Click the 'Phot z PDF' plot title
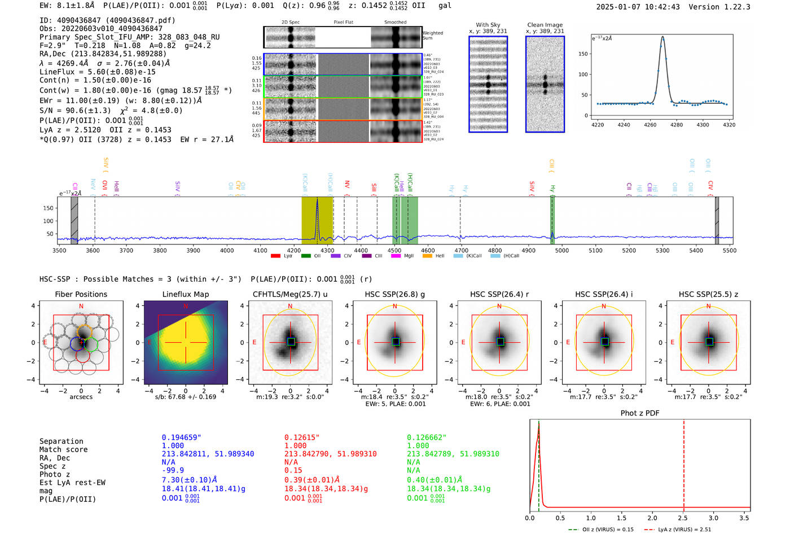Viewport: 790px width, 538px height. [639, 413]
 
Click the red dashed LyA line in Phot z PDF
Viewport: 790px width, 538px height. [684, 463]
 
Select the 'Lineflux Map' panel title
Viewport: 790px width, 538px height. [185, 294]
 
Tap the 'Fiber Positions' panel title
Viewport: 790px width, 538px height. [81, 294]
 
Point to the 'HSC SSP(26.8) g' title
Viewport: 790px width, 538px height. [394, 294]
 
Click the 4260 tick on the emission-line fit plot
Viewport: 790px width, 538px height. [650, 125]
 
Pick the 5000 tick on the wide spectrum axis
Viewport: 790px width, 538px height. [562, 251]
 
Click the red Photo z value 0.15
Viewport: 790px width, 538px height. [293, 470]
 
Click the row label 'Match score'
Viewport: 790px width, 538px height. [63, 450]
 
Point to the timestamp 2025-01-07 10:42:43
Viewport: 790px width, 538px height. [638, 7]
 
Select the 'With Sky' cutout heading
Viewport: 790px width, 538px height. [488, 25]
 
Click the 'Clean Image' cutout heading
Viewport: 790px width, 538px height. [545, 25]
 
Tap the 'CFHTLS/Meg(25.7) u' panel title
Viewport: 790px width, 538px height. [290, 294]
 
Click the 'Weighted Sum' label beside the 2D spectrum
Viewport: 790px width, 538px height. [433, 36]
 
